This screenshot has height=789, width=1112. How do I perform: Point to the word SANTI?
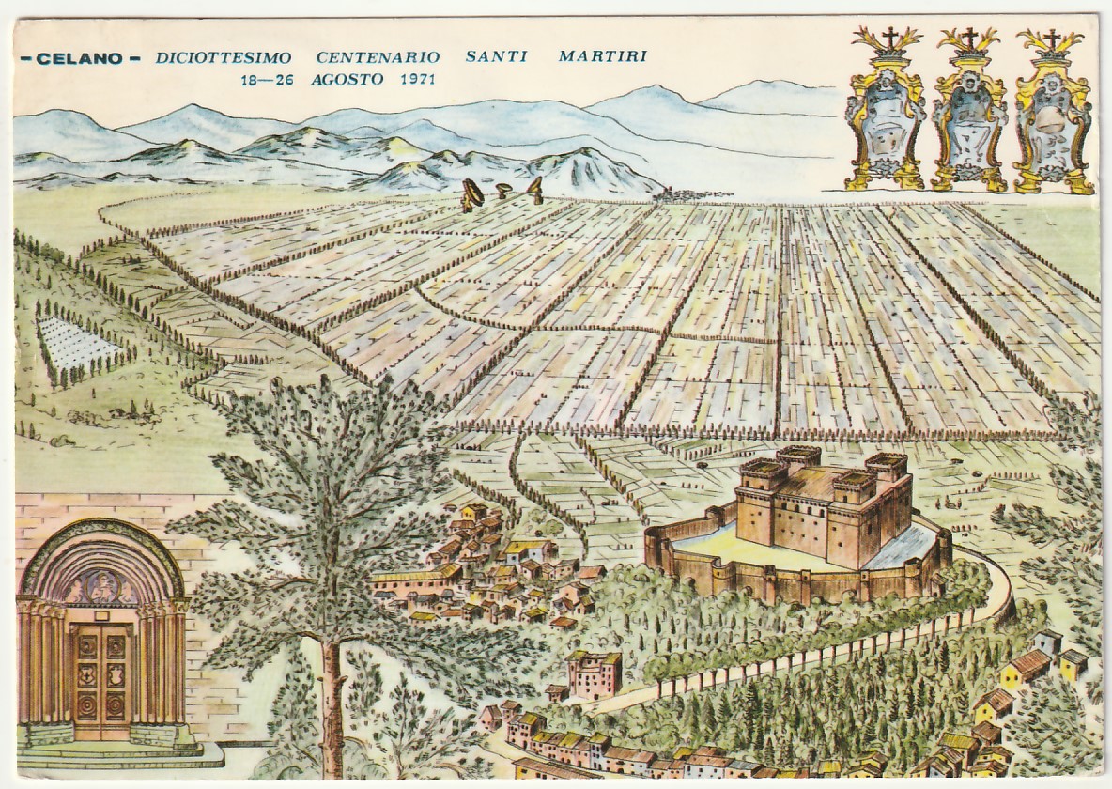coord(496,56)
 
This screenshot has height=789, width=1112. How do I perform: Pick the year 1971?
coord(413,80)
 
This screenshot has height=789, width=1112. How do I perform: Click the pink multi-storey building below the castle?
coord(594,673)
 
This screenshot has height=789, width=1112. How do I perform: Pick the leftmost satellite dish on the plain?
coord(471,195)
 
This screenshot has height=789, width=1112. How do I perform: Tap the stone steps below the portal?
coord(113,750)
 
